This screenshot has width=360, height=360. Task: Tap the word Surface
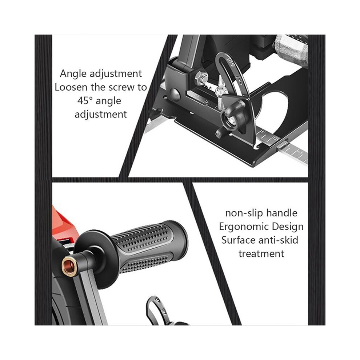point(238,240)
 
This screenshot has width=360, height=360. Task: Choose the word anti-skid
point(278,240)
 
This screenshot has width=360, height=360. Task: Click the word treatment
point(261,254)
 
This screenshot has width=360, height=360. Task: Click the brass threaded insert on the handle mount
point(69,266)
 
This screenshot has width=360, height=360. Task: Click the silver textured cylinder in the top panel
point(291,50)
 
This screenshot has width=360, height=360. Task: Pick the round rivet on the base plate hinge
point(175,93)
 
